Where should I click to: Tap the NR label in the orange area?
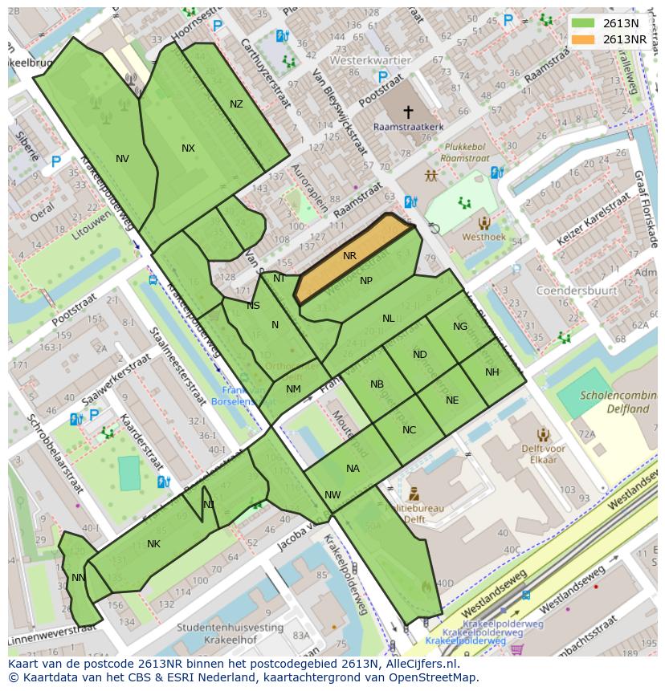click(349, 256)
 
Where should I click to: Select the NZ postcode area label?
click(236, 104)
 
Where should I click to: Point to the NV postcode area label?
click(122, 159)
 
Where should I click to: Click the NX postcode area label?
click(188, 148)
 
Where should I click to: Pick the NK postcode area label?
click(153, 544)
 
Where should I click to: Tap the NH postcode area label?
click(492, 372)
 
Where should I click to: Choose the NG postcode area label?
click(459, 327)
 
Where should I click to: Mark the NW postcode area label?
click(332, 495)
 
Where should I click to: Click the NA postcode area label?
click(353, 469)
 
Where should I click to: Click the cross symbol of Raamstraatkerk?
click(408, 112)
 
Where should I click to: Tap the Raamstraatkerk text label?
click(407, 127)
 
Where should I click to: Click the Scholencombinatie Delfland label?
click(614, 402)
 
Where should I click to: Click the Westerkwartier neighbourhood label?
click(369, 60)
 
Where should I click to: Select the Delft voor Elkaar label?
click(544, 454)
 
